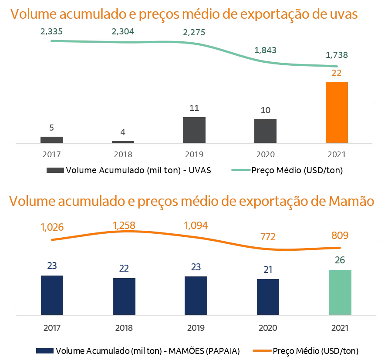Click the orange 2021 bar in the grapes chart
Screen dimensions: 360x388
point(337,112)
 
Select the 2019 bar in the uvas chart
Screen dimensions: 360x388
point(194,130)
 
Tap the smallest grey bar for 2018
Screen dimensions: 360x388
point(123,141)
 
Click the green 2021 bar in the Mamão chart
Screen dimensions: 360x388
point(340,292)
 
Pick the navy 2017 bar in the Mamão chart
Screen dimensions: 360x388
point(52,295)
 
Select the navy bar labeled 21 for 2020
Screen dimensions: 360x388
point(268,296)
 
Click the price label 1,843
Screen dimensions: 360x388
point(265,50)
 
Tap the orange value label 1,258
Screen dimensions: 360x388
point(124,225)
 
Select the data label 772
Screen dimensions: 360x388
point(268,237)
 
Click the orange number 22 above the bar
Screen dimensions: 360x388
point(337,73)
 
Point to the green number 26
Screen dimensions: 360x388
point(340,260)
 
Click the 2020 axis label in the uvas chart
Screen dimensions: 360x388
point(265,155)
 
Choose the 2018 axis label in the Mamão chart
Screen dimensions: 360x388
point(124,328)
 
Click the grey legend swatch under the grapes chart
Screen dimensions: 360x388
point(55,170)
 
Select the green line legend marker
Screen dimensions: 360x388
point(241,170)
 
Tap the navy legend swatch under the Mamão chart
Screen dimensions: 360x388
point(45,350)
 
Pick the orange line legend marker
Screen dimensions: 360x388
point(262,350)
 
